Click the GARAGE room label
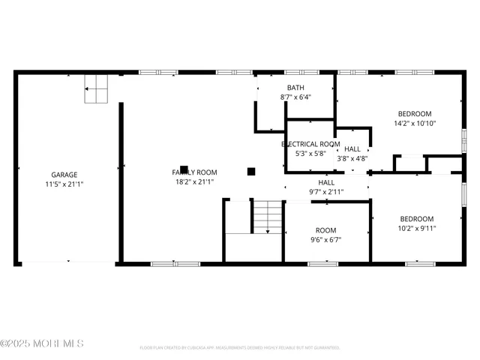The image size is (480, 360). point(64,174)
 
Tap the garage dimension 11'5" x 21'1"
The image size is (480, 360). point(64,183)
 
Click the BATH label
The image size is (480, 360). point(295,88)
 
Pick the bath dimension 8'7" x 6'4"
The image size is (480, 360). point(295,97)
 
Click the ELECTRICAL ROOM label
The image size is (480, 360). point(310,144)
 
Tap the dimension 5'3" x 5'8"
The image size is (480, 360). point(310,153)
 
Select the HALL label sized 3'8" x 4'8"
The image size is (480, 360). point(352,149)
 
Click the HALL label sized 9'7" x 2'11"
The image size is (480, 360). point(326,182)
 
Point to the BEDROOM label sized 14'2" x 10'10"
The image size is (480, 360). point(415,114)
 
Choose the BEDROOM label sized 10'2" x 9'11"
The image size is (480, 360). point(415,219)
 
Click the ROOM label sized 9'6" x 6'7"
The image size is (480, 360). point(325,230)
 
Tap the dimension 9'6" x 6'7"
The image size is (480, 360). point(325,240)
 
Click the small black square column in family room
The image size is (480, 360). point(251,171)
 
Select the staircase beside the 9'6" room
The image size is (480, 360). point(265,217)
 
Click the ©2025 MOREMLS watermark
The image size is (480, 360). point(42,343)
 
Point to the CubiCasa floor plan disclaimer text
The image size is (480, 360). point(239,348)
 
